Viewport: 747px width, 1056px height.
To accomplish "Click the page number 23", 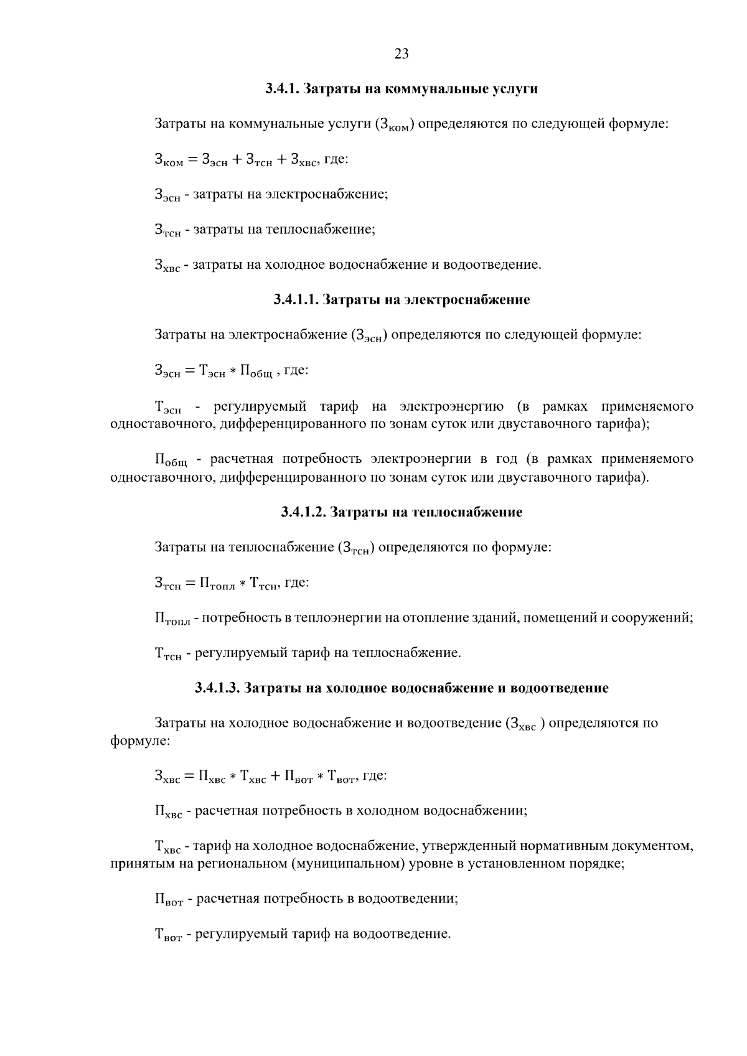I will (402, 54).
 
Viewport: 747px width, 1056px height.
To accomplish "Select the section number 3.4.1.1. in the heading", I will (296, 300).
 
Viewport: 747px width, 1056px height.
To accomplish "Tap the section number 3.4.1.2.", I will (303, 513).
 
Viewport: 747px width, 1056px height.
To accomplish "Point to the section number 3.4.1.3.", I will (217, 688).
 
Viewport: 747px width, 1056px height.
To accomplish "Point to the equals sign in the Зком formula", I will (192, 160).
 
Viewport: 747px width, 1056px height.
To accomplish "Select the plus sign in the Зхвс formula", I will (275, 777).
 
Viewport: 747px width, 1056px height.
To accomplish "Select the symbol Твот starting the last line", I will (167, 935).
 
